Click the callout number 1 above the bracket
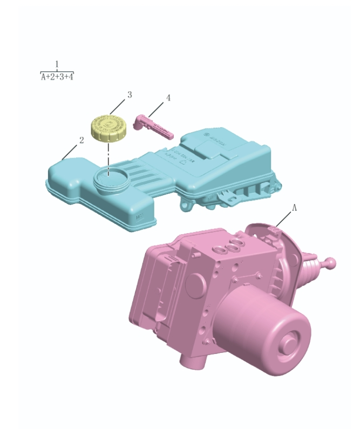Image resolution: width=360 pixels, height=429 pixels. click(57, 64)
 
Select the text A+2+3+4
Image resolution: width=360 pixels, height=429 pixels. click(57, 77)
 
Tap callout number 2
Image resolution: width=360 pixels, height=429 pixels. click(81, 140)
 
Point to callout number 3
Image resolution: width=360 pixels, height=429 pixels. click(130, 95)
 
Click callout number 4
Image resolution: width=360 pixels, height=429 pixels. click(168, 98)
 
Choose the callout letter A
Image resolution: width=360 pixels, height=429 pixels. click(294, 207)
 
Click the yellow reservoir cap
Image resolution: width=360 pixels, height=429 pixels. click(108, 128)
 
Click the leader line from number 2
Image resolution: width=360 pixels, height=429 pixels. click(71, 150)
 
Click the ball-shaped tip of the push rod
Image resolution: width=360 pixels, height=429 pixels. click(331, 263)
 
